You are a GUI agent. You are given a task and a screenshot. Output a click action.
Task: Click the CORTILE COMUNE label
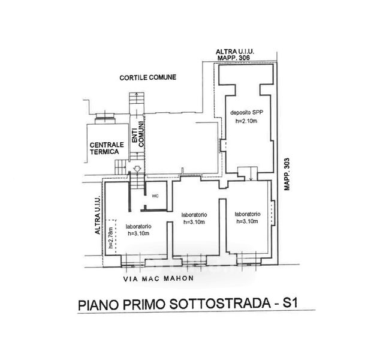click(148, 77)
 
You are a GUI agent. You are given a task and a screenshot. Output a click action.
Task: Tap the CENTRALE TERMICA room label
click(107, 148)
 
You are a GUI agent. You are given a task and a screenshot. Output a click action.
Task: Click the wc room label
click(155, 196)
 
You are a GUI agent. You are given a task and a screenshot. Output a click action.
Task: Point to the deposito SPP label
click(247, 113)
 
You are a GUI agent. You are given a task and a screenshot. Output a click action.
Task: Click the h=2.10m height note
click(246, 121)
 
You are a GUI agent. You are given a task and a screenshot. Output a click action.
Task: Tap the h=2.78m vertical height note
click(111, 238)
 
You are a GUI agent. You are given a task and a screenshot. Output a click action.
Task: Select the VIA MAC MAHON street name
click(158, 278)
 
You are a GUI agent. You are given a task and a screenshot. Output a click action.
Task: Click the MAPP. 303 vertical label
click(287, 174)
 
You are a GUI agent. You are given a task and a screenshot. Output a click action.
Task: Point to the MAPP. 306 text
click(234, 58)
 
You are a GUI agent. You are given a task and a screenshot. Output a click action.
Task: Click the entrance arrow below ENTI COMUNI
click(137, 169)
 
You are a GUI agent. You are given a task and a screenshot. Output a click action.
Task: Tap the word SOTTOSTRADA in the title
click(220, 304)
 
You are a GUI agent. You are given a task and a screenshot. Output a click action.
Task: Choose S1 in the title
click(290, 303)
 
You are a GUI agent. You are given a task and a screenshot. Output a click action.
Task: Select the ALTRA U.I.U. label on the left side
click(98, 214)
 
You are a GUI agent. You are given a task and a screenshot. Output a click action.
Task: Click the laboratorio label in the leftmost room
click(138, 226)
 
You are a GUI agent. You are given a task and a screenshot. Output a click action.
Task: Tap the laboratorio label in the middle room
click(194, 215)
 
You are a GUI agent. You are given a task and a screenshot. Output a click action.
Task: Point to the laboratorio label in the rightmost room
click(248, 214)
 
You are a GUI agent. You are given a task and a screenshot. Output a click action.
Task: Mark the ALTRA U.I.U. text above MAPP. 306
click(234, 52)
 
